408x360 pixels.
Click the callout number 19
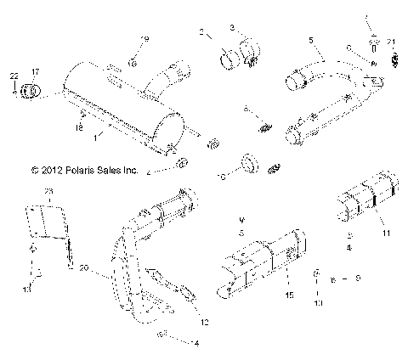click(144, 40)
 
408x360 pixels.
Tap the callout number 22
click(14, 77)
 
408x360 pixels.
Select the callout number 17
click(35, 73)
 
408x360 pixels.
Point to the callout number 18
click(79, 128)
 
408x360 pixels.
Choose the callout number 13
click(26, 290)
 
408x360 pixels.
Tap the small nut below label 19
click(133, 61)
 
